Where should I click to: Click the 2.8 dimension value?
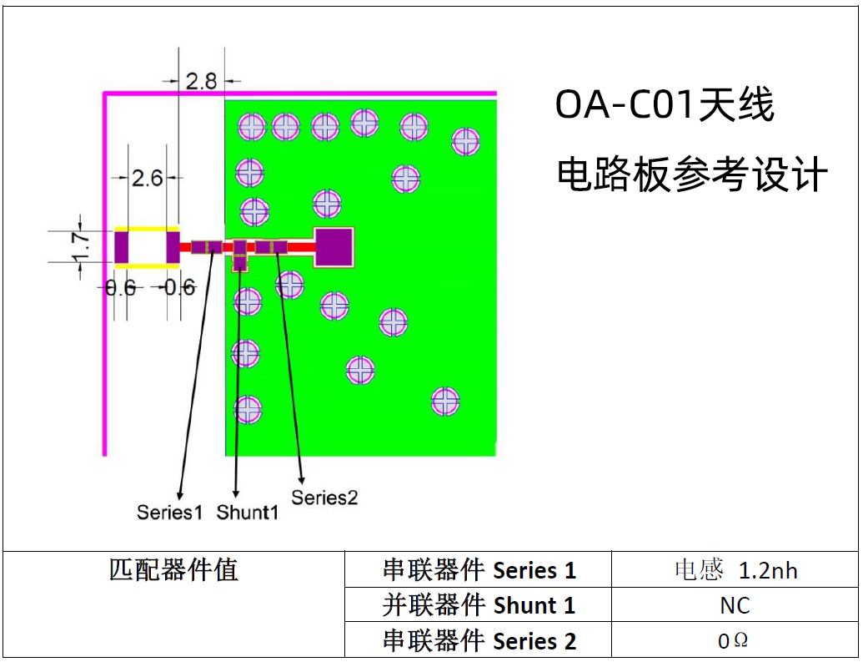[x=201, y=81]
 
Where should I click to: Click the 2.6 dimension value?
[x=148, y=177]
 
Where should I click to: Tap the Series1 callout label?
[x=169, y=512]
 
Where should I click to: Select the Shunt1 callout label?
[x=248, y=512]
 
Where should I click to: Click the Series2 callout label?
[x=324, y=498]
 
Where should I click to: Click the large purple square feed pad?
[x=334, y=247]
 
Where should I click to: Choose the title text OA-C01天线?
[x=665, y=106]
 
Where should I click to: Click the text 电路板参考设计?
[x=692, y=175]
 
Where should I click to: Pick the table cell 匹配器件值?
[x=173, y=570]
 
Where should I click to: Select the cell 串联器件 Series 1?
[x=479, y=570]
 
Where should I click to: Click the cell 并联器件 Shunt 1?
[x=479, y=605]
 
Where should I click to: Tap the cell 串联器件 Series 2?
[x=479, y=641]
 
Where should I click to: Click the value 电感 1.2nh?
[x=735, y=570]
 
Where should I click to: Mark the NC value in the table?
[x=735, y=605]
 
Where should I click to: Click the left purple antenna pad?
[x=122, y=246]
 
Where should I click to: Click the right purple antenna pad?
[x=173, y=246]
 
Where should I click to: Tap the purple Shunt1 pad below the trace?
[x=240, y=263]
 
